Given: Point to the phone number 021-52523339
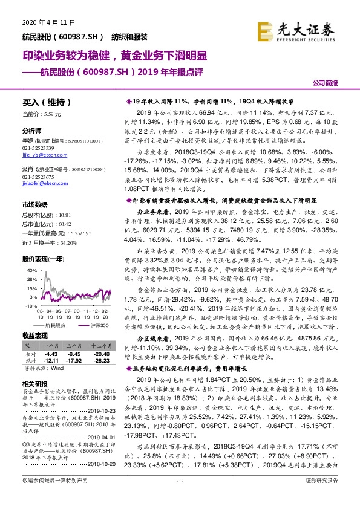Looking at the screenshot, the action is click(36, 148).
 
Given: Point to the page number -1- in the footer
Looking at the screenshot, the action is click(180, 497).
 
